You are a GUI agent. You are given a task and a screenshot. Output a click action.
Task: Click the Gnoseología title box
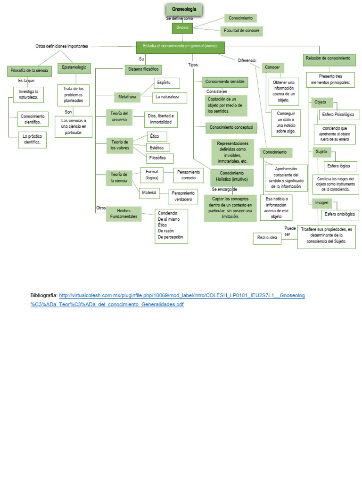click(x=184, y=9)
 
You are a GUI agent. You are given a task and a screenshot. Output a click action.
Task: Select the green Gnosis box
click(x=182, y=28)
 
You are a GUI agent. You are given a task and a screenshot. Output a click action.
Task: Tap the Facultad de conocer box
click(x=241, y=31)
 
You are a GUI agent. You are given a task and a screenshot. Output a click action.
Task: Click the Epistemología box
click(x=74, y=68)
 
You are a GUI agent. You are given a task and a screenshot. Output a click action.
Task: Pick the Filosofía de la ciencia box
click(x=29, y=71)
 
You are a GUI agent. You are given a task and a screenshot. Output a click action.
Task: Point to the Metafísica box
click(x=127, y=97)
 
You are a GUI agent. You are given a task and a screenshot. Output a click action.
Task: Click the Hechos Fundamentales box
click(x=123, y=214)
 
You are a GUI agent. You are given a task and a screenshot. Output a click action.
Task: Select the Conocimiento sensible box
click(x=224, y=82)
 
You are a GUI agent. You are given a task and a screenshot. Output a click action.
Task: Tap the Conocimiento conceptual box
click(x=231, y=128)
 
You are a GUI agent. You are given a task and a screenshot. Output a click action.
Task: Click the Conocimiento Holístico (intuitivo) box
click(x=232, y=176)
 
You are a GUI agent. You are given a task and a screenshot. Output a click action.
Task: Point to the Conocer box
click(x=272, y=67)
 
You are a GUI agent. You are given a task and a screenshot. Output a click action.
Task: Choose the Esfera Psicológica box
click(x=338, y=115)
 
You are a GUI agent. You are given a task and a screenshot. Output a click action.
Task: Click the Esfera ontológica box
click(x=338, y=215)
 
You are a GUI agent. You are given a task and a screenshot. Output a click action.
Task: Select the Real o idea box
click(x=267, y=238)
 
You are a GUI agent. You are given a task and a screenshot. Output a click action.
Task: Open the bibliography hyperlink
click(x=182, y=295)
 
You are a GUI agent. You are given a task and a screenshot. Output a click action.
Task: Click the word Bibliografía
click(x=44, y=295)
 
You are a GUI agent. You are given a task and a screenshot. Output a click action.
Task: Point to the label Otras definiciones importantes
click(x=62, y=46)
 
